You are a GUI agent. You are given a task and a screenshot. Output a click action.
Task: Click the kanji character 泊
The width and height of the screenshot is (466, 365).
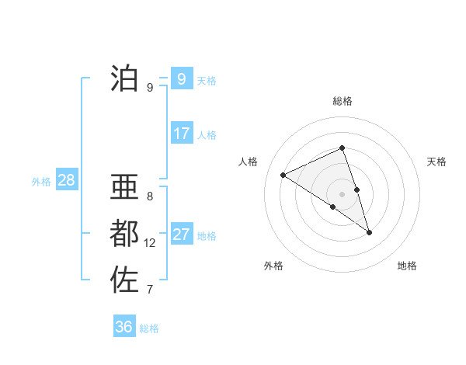(x=125, y=78)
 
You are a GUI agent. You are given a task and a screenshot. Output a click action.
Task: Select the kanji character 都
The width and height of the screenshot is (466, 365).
(x=125, y=233)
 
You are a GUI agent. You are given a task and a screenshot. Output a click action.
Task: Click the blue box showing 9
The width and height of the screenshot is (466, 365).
(x=181, y=79)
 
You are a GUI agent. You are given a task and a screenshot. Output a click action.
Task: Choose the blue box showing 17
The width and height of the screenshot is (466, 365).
(x=182, y=134)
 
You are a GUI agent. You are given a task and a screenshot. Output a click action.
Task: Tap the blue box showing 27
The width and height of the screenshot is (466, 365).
(x=182, y=235)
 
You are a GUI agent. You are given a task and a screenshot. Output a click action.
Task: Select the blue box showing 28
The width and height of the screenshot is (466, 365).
(x=67, y=181)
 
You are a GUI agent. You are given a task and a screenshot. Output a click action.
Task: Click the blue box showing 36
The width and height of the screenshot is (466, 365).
(x=123, y=327)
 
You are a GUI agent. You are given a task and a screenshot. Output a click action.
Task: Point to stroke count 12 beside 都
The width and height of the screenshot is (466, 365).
(x=150, y=243)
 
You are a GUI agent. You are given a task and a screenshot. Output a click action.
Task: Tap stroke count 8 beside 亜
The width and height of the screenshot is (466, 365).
(x=150, y=196)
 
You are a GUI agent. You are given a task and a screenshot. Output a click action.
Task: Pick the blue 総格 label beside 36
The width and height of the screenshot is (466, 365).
(x=149, y=328)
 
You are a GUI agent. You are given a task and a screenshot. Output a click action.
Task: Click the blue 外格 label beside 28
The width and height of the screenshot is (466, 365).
(x=41, y=182)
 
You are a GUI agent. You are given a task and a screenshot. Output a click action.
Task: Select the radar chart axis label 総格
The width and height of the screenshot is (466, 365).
(x=343, y=101)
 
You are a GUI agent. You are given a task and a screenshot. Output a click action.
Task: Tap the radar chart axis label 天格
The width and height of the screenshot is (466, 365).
(x=437, y=162)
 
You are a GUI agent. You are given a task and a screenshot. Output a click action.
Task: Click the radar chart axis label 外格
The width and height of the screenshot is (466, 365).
(x=273, y=266)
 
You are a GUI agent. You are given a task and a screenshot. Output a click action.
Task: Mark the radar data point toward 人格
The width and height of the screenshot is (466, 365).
(x=283, y=175)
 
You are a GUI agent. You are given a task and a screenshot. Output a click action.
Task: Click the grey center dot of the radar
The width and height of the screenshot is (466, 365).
(x=342, y=193)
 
